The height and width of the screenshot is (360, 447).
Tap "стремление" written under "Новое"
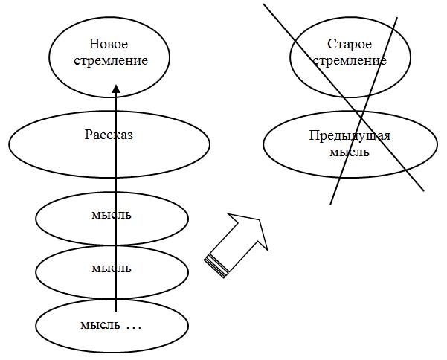(109, 60)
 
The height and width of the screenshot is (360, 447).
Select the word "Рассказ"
(109, 135)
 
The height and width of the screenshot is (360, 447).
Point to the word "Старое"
(349, 45)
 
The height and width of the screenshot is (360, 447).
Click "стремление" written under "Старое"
(349, 60)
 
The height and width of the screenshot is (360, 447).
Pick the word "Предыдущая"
(350, 135)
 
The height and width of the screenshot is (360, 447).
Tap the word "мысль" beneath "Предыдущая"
(349, 152)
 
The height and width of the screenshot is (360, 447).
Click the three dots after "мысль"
(133, 326)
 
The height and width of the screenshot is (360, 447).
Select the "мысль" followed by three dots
(100, 325)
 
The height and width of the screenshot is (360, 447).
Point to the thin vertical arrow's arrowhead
(115, 89)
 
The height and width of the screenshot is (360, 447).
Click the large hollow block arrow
(237, 242)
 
